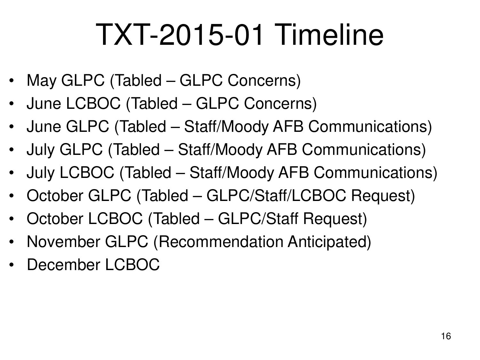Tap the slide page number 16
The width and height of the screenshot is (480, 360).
click(446, 336)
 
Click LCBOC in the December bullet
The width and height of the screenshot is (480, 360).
click(132, 265)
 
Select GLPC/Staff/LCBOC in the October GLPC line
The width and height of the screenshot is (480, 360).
click(276, 196)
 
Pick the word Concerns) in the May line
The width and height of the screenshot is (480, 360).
click(264, 80)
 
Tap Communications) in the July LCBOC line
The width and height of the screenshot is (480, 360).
click(375, 172)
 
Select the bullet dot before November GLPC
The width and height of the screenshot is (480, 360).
click(12, 242)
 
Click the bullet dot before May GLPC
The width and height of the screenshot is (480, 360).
click(12, 81)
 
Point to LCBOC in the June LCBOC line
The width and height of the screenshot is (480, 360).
click(93, 103)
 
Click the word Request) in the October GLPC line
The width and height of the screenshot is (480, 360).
click(383, 196)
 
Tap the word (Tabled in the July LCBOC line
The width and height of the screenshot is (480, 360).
click(145, 172)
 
